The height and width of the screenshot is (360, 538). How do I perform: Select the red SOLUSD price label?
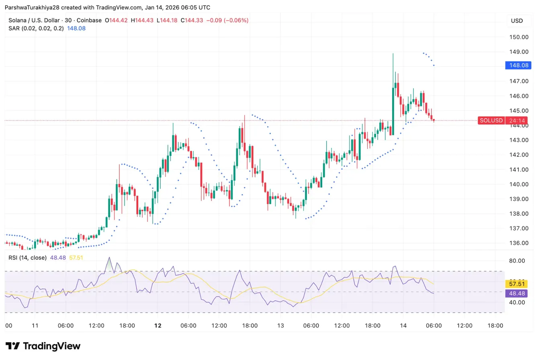491,120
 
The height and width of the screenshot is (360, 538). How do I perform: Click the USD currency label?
517,20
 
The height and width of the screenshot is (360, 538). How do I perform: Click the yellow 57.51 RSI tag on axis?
518,284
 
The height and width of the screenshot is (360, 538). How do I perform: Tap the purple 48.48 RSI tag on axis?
518,293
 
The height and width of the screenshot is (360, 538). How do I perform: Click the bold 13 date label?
280,325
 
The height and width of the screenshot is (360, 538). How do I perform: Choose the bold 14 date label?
403,325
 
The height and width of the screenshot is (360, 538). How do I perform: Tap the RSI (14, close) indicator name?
27,258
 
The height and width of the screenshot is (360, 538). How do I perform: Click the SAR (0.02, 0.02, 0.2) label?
36,29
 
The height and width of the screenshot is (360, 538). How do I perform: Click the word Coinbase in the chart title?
89,20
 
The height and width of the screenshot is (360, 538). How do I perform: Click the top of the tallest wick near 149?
393,53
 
